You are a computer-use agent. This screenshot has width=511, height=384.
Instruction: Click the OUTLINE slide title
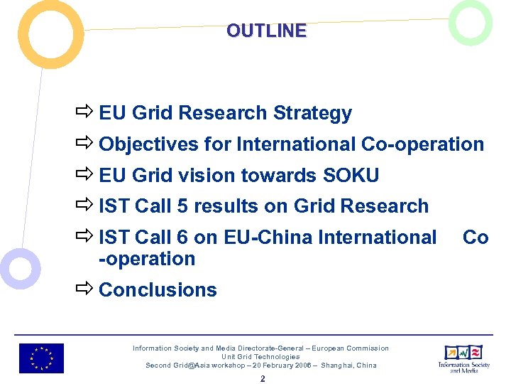[266, 31]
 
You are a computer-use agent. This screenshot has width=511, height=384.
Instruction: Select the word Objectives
[148, 144]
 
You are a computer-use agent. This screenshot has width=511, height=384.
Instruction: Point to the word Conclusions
[158, 290]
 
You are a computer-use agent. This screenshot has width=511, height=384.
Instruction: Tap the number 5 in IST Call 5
[182, 206]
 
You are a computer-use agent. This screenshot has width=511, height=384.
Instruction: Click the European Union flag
[41, 358]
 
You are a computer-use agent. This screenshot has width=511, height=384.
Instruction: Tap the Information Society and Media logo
[463, 358]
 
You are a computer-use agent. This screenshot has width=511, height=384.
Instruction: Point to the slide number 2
[262, 379]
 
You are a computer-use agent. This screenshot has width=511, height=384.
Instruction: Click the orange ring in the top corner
[50, 34]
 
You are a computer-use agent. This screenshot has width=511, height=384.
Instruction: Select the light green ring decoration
[471, 23]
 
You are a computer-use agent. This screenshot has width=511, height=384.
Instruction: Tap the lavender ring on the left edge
[20, 269]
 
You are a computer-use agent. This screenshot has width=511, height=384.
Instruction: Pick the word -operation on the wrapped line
[147, 259]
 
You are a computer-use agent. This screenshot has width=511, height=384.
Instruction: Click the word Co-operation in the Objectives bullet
[422, 144]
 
